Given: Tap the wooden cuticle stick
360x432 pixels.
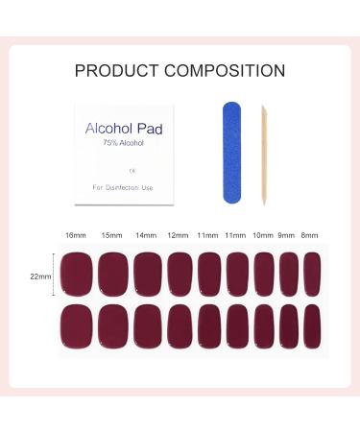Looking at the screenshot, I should coord(261,155).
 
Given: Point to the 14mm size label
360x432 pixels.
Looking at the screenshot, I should coord(146,235).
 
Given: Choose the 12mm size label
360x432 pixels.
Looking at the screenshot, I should coord(179,235).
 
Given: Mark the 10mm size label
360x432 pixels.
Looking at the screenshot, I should coord(263,235).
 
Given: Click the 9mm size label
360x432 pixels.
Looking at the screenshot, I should coord(287,235).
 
